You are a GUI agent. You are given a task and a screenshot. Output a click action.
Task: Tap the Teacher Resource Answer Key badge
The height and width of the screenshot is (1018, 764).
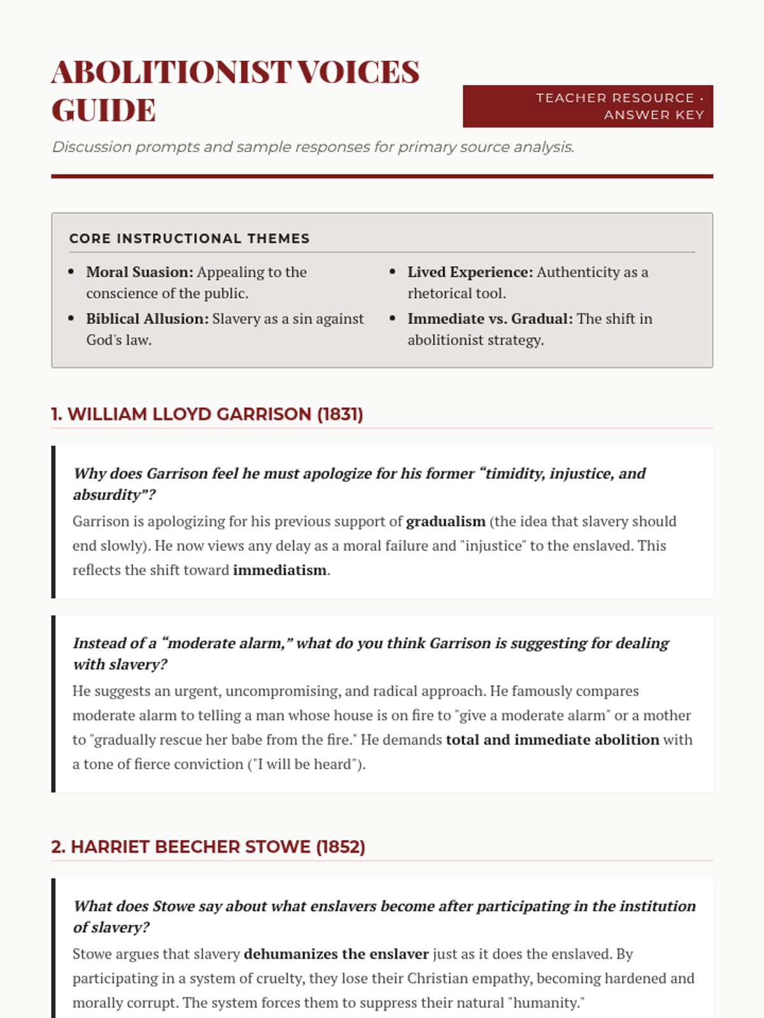588,106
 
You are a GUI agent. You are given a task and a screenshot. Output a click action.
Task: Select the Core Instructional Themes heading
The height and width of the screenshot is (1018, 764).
189,239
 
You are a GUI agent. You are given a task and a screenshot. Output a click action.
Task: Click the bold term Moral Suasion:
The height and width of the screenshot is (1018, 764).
139,272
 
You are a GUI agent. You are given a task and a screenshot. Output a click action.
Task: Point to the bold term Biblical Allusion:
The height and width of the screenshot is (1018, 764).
147,319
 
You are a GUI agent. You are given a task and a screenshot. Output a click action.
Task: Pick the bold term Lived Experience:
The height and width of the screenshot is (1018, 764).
470,272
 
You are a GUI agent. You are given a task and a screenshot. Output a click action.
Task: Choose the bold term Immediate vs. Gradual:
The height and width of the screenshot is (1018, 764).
490,319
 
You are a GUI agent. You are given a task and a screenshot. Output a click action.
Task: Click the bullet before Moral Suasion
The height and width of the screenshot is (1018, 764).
71,272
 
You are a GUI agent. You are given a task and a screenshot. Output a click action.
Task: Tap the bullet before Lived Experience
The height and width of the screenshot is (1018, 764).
393,272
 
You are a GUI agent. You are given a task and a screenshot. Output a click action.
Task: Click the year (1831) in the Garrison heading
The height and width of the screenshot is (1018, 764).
340,414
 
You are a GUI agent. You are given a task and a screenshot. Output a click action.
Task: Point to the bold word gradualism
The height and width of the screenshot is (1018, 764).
446,522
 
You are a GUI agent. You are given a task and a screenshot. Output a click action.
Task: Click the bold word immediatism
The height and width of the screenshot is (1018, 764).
279,570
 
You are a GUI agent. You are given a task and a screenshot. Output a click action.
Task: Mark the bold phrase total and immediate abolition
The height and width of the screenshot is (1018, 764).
552,740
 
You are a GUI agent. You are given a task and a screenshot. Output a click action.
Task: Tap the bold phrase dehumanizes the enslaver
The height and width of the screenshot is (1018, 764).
336,954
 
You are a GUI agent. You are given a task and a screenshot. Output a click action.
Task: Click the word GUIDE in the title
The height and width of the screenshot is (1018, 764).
104,110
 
